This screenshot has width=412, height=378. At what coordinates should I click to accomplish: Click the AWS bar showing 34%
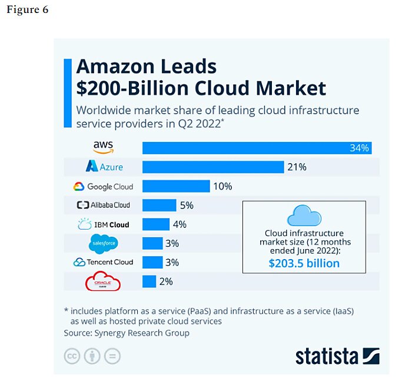tap(257, 148)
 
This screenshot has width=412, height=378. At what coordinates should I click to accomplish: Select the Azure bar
tap(213, 167)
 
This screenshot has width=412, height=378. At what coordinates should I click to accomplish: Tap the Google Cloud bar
tap(176, 186)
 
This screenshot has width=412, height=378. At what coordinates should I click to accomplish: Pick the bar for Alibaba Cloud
tap(159, 205)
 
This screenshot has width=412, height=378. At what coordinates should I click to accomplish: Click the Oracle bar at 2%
tap(149, 281)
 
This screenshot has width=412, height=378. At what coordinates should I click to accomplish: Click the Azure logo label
tap(104, 167)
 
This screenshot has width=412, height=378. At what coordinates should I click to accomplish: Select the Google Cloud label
tap(103, 187)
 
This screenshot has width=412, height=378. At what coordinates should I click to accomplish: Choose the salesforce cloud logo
tap(104, 243)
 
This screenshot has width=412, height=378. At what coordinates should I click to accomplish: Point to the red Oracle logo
tap(103, 282)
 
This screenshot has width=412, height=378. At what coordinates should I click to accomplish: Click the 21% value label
tap(297, 167)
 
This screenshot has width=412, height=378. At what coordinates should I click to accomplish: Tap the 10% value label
tap(222, 187)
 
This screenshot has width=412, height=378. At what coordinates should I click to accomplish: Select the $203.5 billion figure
tap(304, 263)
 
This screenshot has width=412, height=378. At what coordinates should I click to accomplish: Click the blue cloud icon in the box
tap(304, 215)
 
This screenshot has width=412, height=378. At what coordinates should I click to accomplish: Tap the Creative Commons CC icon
tap(72, 356)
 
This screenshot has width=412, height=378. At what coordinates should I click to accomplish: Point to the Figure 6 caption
tap(27, 11)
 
